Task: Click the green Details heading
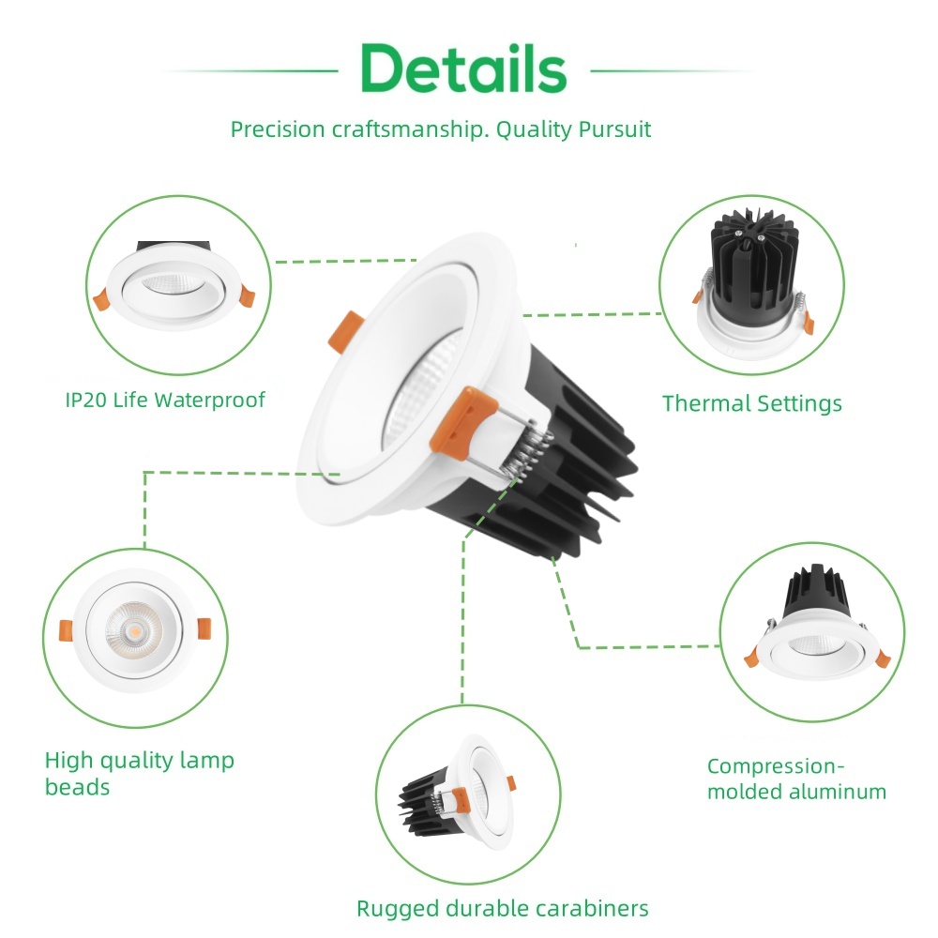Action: [x=464, y=68]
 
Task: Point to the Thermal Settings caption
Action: [x=751, y=403]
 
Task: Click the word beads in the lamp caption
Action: [x=77, y=787]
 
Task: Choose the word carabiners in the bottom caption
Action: [x=593, y=908]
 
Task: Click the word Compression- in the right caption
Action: [x=777, y=765]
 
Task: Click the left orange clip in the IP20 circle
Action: [x=101, y=299]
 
